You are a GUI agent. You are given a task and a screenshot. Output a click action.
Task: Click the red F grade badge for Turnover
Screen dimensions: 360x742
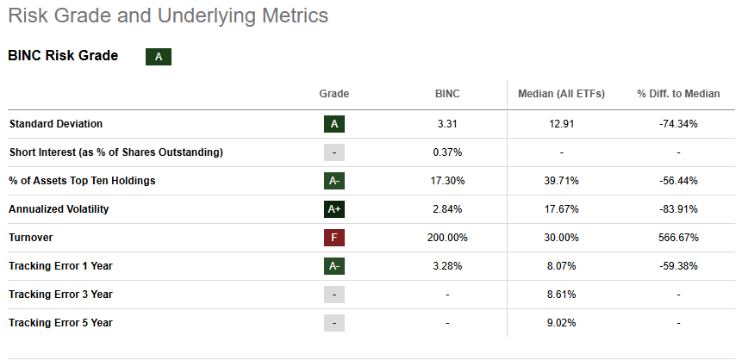point(334,237)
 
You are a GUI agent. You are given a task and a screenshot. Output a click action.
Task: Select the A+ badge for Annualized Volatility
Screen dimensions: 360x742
point(334,208)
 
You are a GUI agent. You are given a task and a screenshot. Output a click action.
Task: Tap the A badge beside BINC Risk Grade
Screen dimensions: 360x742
point(158,57)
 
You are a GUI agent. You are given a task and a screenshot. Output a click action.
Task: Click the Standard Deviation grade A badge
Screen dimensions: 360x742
point(334,123)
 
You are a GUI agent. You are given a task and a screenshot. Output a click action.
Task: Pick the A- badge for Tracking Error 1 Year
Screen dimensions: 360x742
point(334,265)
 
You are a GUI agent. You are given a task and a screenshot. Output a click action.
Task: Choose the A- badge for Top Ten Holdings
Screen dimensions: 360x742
point(334,180)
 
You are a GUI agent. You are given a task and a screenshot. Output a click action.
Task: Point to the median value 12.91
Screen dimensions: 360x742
point(561,123)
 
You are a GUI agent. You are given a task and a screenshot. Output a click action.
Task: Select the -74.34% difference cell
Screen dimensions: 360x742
point(678,123)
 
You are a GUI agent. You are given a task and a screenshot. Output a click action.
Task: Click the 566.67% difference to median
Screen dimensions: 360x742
point(678,237)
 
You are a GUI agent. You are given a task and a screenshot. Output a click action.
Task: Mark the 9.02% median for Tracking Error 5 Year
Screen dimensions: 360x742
point(561,322)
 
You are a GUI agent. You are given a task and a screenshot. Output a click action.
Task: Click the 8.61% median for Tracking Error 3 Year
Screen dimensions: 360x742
point(561,294)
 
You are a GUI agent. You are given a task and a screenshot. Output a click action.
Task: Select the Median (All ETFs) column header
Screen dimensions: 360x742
point(561,94)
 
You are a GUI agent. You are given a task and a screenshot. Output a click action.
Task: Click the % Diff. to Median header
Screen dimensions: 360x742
point(678,94)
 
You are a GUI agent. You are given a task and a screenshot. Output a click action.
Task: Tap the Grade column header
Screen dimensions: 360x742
point(334,94)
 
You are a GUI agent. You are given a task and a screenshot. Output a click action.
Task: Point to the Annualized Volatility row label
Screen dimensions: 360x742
point(59,208)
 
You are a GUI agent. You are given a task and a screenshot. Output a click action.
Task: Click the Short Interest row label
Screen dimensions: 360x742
point(115,152)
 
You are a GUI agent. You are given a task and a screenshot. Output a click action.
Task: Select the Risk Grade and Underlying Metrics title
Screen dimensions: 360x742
point(167,16)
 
